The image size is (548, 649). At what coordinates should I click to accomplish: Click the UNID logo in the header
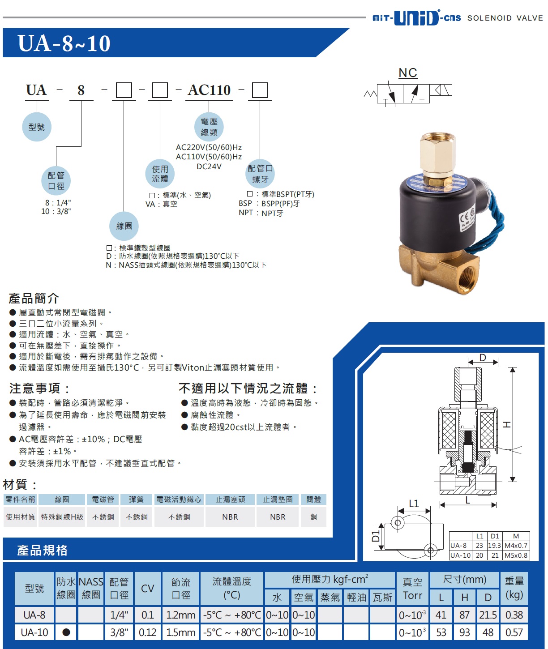(416, 18)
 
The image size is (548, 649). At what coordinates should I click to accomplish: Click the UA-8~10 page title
(64, 43)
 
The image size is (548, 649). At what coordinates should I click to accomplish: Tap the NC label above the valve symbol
(408, 73)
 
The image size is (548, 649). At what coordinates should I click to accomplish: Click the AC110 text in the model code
(209, 90)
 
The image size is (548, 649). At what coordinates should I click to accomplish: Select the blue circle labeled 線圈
(124, 226)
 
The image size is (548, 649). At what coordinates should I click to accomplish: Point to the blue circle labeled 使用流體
(160, 174)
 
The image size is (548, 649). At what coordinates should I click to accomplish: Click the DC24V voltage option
(209, 167)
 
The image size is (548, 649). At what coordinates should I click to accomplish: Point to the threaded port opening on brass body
(467, 276)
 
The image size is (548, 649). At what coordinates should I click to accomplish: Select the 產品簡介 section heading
(34, 299)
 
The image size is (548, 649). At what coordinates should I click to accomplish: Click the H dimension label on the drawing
(507, 424)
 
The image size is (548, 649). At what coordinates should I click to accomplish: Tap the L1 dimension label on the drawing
(414, 504)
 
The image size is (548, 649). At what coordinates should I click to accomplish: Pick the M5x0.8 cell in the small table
(516, 555)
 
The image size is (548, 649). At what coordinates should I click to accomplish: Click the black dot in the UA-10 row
(66, 632)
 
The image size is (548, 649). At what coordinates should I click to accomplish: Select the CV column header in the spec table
(147, 589)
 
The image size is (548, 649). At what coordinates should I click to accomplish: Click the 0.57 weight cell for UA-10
(514, 632)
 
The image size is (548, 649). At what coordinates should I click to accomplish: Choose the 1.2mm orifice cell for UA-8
(181, 615)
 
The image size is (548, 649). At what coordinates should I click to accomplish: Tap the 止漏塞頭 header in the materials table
(230, 500)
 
